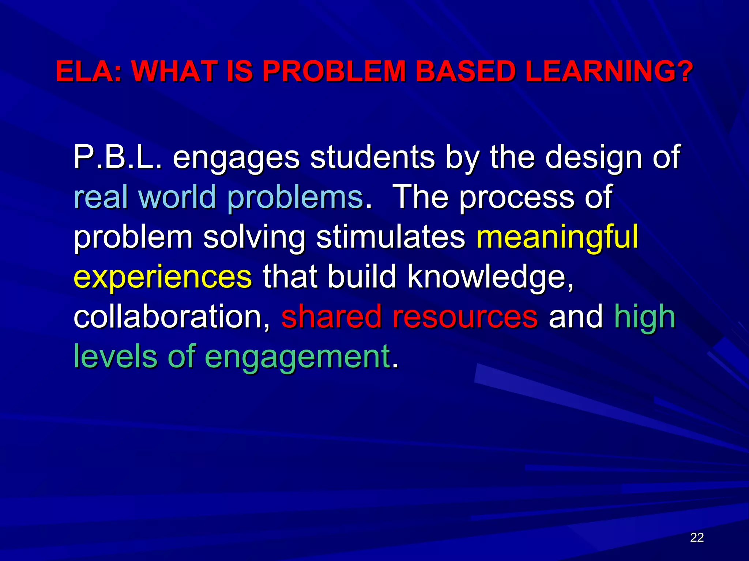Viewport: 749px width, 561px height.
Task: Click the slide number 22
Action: tap(697, 537)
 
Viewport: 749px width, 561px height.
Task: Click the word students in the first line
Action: tap(372, 157)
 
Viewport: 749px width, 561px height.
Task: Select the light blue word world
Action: tap(177, 196)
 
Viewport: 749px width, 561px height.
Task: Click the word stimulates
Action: tap(391, 237)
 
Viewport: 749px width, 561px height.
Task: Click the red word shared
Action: tap(331, 316)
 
